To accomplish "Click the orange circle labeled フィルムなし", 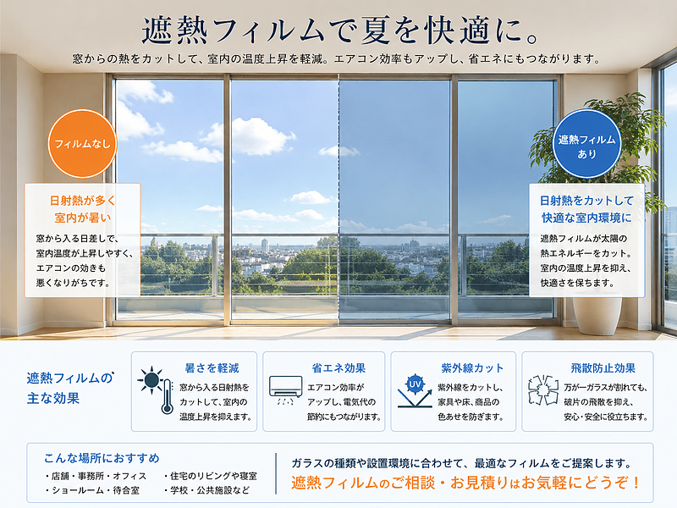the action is (x=82, y=143).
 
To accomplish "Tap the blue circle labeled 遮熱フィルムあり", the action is (x=586, y=144).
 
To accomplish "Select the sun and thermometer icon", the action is (x=156, y=390).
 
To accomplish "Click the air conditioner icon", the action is (x=285, y=389).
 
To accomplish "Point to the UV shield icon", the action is (x=415, y=391).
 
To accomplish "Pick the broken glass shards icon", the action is (x=543, y=390).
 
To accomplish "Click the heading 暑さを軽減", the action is (x=212, y=368).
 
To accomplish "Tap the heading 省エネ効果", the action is (x=338, y=368).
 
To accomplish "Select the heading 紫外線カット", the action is (x=472, y=368).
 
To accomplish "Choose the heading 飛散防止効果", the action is (x=603, y=368).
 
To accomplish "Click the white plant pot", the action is (x=597, y=314).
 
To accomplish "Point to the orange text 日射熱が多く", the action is (x=82, y=201).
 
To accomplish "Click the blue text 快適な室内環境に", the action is (x=586, y=218).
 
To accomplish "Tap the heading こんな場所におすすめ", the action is (x=102, y=458).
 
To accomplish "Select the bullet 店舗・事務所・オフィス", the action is (x=96, y=476).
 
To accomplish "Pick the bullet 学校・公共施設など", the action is (x=206, y=490).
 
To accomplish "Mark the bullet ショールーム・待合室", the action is (x=92, y=490).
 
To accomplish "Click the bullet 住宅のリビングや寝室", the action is (x=210, y=476).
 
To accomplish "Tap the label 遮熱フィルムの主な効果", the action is (x=70, y=388).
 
